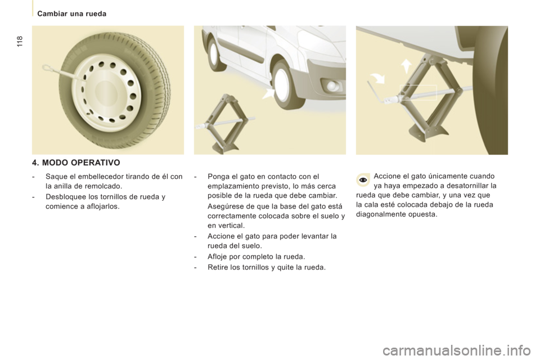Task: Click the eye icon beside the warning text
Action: point(363,181)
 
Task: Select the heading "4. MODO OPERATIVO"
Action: point(76,163)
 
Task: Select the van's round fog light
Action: point(333,85)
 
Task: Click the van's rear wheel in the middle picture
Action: point(214,55)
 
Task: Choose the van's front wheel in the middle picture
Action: point(288,84)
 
